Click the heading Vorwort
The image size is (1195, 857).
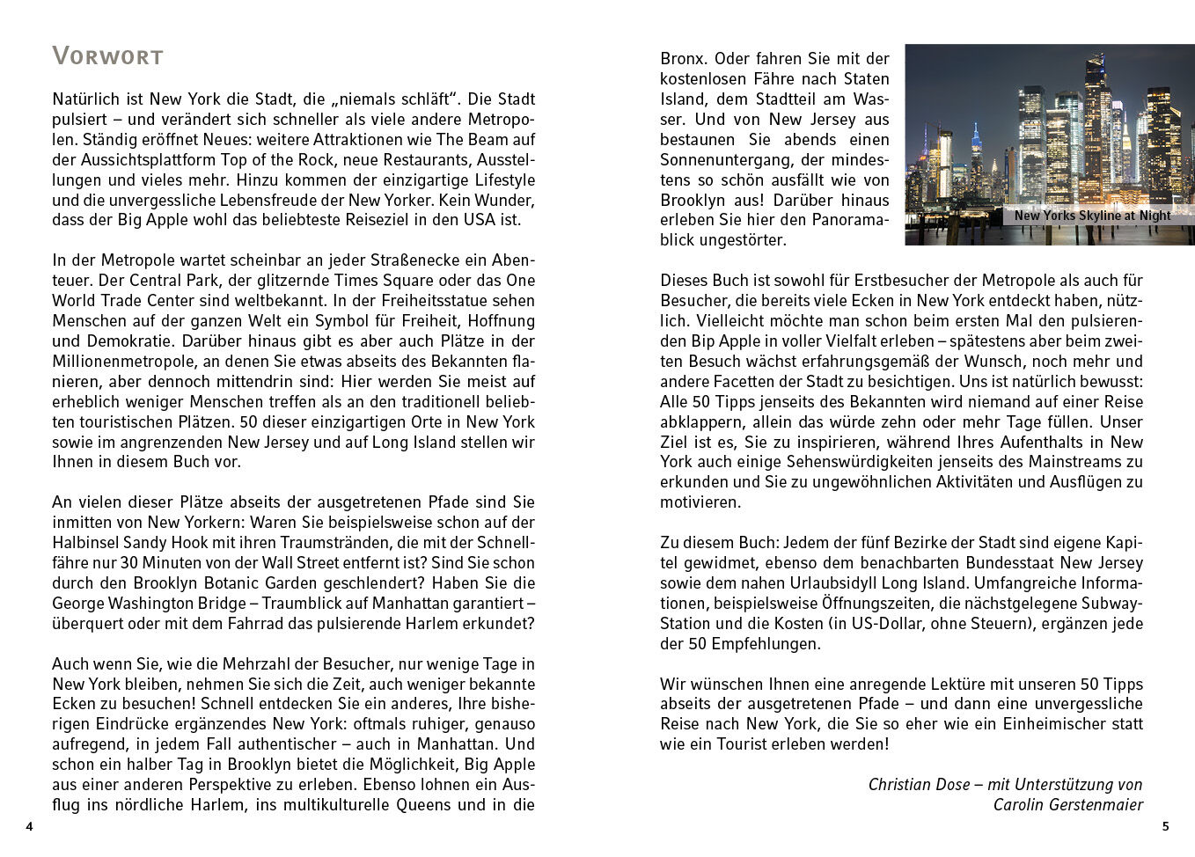(107, 56)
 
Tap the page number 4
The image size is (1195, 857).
(29, 826)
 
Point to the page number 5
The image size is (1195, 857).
(1165, 826)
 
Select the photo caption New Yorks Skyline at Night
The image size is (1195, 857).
(1092, 216)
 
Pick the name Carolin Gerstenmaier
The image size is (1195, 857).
(1067, 804)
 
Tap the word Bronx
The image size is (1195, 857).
(683, 59)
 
